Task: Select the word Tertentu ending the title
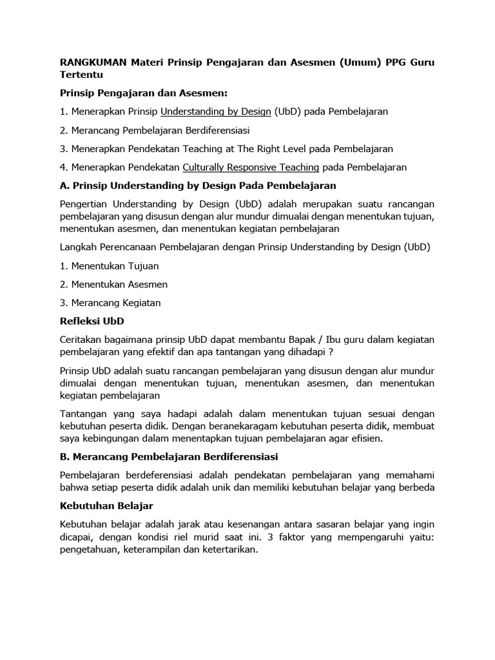click(83, 75)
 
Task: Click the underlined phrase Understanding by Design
click(216, 111)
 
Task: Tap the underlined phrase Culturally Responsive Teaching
click(251, 167)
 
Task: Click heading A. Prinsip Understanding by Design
click(198, 186)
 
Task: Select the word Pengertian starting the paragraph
click(86, 204)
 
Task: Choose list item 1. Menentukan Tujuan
click(109, 266)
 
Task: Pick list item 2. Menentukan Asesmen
click(113, 284)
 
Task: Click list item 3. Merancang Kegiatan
click(110, 302)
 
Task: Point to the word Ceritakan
click(83, 340)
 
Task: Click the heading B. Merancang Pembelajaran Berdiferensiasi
click(168, 457)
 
